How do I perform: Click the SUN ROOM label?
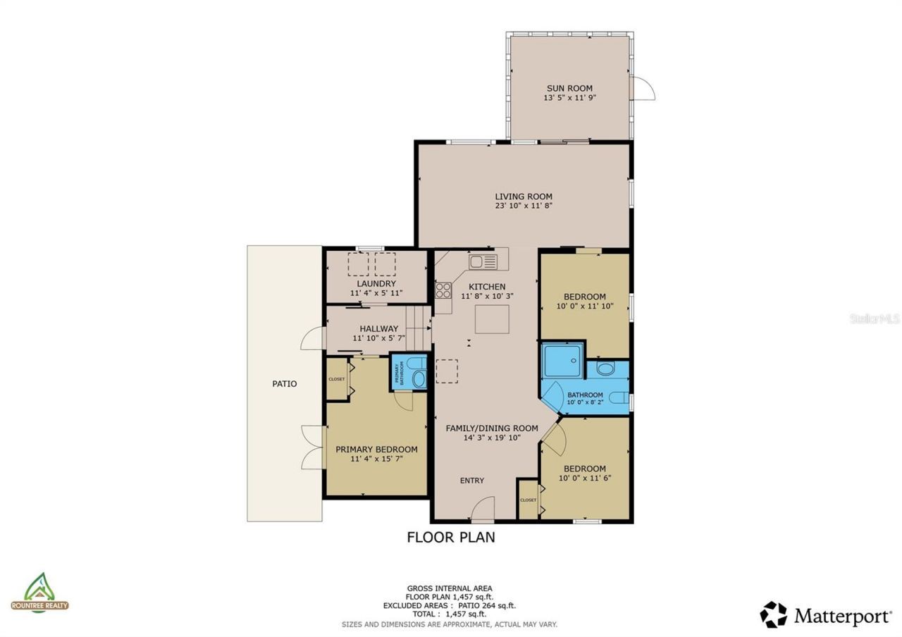tap(569, 89)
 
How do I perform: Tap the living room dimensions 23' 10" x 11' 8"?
tap(523, 206)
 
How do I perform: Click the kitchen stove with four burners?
tap(443, 290)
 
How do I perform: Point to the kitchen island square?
tap(491, 319)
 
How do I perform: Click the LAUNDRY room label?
tap(376, 283)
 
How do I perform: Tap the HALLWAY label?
tap(378, 328)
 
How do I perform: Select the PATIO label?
tap(285, 384)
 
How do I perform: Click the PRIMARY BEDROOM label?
tap(376, 450)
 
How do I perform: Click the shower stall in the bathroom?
tap(563, 360)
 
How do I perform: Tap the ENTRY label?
tap(472, 481)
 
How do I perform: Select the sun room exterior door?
tap(643, 88)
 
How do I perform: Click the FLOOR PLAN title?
tap(451, 537)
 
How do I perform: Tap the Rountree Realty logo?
tap(40, 592)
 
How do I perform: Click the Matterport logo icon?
tap(773, 614)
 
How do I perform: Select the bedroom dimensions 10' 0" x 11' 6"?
tap(584, 478)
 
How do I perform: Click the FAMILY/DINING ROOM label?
tap(492, 428)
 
